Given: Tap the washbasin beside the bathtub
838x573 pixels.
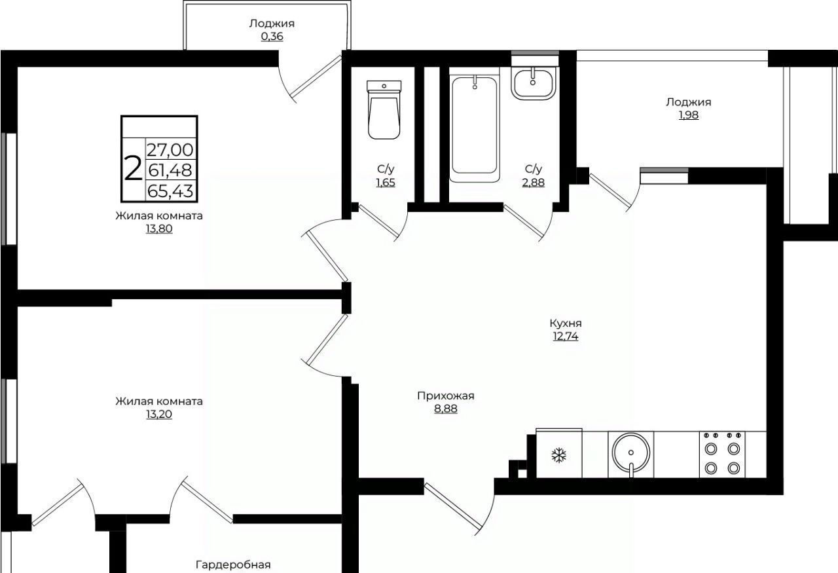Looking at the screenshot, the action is coord(534,84).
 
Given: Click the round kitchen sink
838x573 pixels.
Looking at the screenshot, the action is coord(631,453).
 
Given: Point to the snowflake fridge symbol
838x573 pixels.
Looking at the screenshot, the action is coord(559,456).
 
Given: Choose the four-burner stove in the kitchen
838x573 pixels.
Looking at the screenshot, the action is coord(722,454).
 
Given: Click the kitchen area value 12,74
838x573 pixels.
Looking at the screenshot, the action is coord(566,337).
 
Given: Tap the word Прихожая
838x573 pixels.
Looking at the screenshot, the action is coord(446,396).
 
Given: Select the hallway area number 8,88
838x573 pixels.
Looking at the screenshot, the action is coord(446,409).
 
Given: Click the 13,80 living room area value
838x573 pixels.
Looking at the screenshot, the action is coord(159,229).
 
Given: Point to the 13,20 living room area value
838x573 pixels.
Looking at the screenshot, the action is coord(159,415).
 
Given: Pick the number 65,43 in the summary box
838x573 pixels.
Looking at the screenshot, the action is coord(171,191).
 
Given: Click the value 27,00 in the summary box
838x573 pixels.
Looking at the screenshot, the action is coord(171,150).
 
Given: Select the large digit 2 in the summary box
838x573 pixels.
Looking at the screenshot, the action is coord(133,169).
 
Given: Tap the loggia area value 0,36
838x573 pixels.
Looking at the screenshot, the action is coord(272,37).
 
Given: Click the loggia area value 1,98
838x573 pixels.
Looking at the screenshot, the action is coord(689,115).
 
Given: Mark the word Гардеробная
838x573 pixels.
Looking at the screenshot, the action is coord(233,564).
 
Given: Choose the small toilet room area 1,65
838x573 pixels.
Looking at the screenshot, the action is coord(386,183).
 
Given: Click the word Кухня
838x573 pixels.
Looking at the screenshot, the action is coord(566,323).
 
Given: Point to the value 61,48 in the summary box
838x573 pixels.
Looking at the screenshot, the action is coord(171,170).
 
